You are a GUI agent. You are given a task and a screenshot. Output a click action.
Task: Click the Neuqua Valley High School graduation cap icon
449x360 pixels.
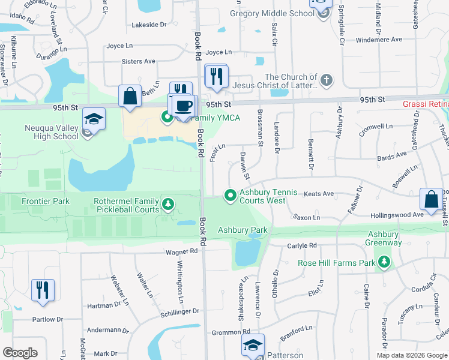tap(94, 119)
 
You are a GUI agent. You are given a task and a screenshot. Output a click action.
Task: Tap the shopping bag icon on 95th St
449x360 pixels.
tap(130, 97)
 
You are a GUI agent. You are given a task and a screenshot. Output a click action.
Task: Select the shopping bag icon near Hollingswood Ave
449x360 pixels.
tap(432, 200)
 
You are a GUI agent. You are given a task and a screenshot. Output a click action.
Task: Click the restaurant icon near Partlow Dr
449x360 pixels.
tap(43, 290)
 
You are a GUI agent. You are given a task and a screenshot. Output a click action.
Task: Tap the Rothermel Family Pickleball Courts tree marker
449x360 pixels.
tap(169, 205)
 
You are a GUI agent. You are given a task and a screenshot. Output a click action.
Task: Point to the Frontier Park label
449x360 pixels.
tap(46, 202)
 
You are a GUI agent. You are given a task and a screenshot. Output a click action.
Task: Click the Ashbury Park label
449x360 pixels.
tap(243, 230)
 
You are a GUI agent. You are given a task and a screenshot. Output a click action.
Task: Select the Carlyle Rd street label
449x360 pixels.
tap(301, 245)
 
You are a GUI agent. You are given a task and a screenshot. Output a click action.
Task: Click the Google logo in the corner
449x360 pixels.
tap(20, 352)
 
